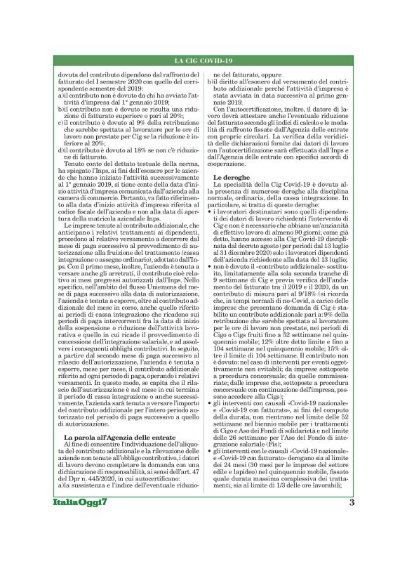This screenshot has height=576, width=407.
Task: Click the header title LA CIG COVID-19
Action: (x=203, y=61)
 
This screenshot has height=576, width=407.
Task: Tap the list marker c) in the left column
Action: (x=61, y=120)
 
